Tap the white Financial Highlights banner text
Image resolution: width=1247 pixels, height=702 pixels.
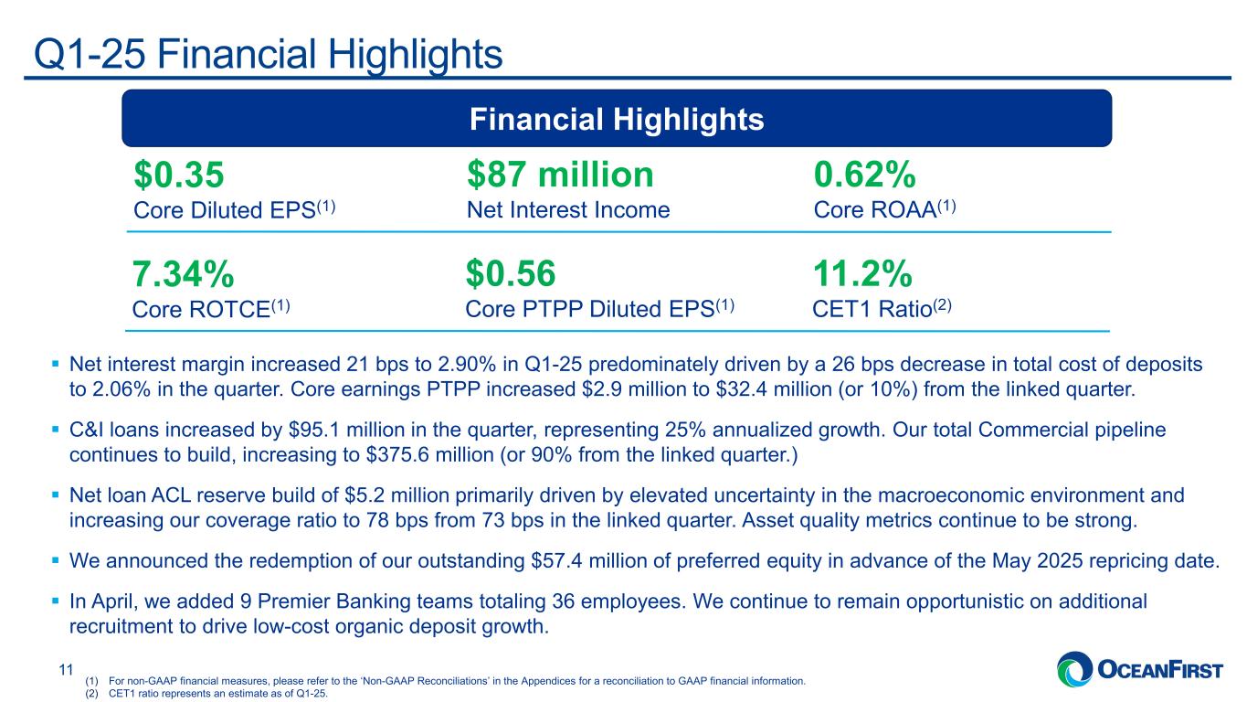[x=617, y=119]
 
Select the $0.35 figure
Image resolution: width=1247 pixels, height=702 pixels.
[x=179, y=175]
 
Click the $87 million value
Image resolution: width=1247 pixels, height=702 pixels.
[x=560, y=175]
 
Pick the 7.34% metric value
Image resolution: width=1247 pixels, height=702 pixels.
[x=184, y=273]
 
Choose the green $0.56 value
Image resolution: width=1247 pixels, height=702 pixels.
[x=511, y=273]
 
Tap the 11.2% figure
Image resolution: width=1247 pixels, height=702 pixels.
[x=862, y=273]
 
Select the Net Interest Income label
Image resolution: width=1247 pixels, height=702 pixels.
[x=567, y=210]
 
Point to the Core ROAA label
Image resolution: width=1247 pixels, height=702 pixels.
[x=883, y=210]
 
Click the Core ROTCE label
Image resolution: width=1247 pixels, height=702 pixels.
[x=211, y=309]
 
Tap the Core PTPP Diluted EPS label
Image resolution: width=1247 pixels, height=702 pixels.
[x=599, y=309]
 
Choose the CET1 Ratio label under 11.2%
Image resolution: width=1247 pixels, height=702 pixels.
[x=882, y=309]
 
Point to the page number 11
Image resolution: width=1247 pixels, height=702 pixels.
[x=65, y=670]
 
